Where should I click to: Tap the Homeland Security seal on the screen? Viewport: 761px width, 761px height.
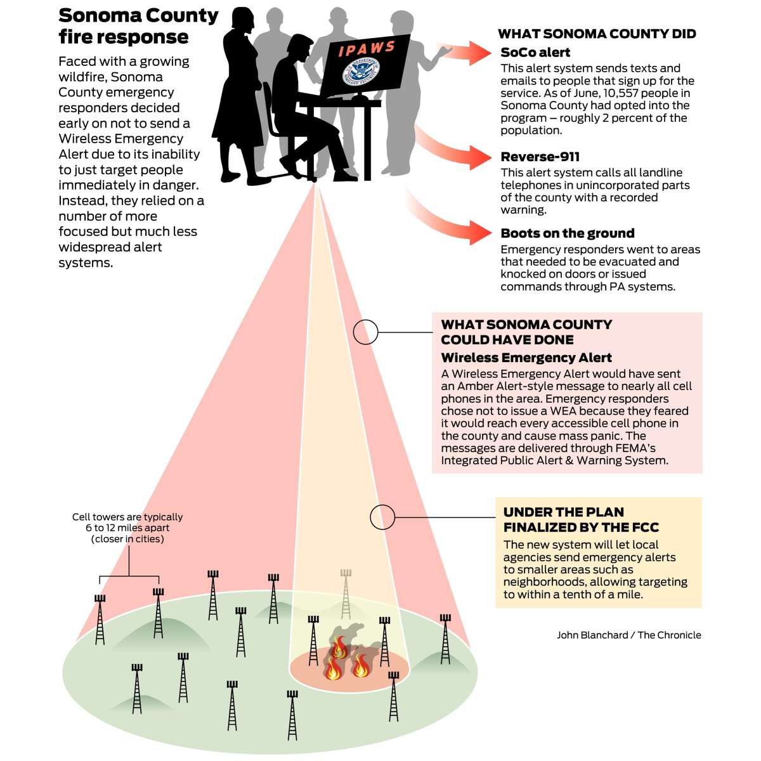click(361, 72)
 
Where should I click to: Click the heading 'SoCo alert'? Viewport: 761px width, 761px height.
click(535, 52)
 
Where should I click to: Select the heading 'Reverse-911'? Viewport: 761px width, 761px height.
click(540, 157)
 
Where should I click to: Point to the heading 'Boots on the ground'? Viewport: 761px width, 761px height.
click(568, 233)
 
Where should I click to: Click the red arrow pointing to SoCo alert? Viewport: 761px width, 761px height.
click(466, 53)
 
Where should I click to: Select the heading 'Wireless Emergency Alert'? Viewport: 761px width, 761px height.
click(526, 358)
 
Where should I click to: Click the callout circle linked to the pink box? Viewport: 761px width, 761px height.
click(365, 332)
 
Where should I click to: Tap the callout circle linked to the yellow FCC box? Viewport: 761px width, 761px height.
click(382, 517)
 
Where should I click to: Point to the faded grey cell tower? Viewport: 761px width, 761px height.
click(346, 594)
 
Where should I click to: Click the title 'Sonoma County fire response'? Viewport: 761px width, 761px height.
click(138, 26)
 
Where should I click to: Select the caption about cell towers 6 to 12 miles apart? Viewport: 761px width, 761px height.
click(127, 528)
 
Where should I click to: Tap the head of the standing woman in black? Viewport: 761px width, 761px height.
click(242, 18)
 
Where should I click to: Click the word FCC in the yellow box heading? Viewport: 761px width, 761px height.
click(644, 527)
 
